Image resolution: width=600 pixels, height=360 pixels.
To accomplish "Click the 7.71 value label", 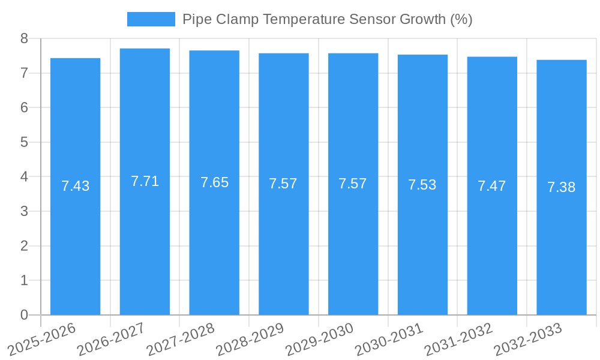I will [x=145, y=181].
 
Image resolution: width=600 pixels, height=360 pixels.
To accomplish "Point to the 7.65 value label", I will [x=214, y=182].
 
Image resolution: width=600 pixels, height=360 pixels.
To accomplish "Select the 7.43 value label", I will [x=75, y=186].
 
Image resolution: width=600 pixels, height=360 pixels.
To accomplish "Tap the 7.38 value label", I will [x=562, y=187].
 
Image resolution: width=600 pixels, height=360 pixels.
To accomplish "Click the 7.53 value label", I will [x=422, y=185].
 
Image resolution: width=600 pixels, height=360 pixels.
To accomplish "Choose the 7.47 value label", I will [x=492, y=186].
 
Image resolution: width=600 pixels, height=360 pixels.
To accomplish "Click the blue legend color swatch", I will [x=151, y=19].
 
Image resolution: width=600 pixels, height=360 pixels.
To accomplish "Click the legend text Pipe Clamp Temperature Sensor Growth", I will [x=328, y=19].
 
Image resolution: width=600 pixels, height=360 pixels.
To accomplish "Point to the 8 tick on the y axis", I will [x=24, y=38].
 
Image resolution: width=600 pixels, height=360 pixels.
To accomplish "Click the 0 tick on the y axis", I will [x=24, y=315].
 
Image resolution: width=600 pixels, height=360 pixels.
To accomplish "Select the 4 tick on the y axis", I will [x=24, y=177].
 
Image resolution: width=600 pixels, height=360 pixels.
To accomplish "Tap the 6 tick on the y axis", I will [x=24, y=107].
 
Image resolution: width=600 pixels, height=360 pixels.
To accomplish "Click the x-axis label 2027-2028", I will [x=181, y=339].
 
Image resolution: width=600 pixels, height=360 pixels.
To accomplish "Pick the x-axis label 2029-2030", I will [x=319, y=339].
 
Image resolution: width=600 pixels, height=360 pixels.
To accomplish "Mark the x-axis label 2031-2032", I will [x=458, y=339].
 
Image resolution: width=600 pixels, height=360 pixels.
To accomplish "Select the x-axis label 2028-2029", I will [x=250, y=339].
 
